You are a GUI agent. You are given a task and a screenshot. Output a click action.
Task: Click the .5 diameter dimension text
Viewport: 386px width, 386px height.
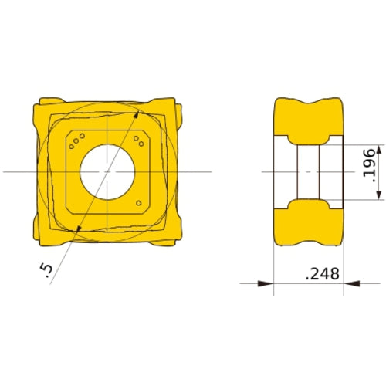46,269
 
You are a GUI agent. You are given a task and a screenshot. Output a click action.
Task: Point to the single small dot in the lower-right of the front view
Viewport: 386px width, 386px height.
138,204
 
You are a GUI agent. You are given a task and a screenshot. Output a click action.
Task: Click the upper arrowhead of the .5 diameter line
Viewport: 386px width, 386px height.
137,115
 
